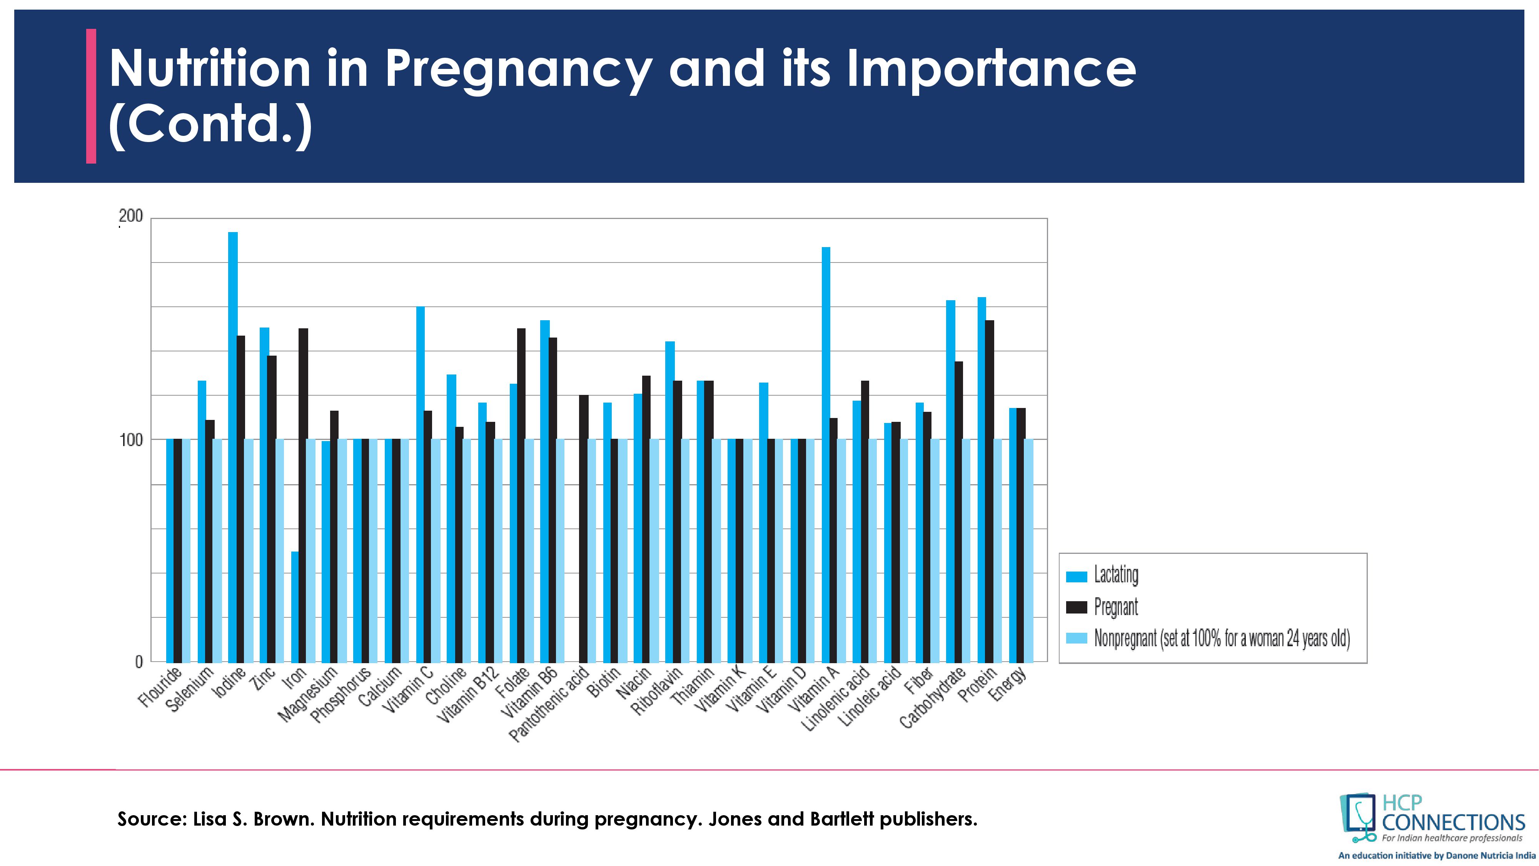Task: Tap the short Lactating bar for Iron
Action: (x=295, y=606)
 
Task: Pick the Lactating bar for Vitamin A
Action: (x=826, y=454)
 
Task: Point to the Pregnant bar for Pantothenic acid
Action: (x=584, y=528)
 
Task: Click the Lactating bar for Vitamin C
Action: (x=421, y=484)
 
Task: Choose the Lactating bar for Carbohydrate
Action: (x=950, y=481)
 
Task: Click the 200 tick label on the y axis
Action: (x=132, y=216)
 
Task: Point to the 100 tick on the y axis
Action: (x=132, y=440)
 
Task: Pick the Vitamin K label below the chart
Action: (x=722, y=690)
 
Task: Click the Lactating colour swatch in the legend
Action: (x=1077, y=577)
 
